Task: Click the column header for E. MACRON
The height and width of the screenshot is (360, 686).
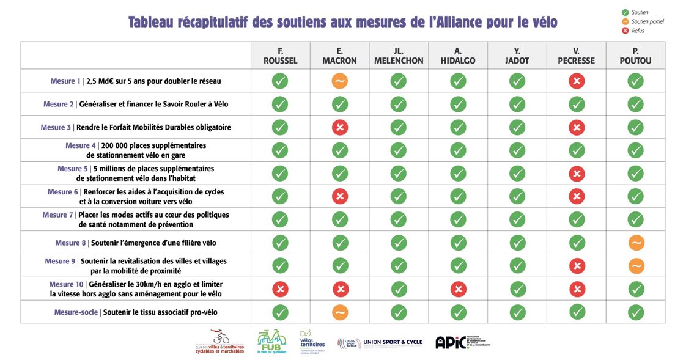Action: click(x=339, y=56)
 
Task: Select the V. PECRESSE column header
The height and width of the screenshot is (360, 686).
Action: click(x=576, y=56)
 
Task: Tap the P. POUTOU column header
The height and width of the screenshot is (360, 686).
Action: click(x=635, y=56)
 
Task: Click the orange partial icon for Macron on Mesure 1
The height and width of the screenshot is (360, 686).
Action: click(x=339, y=81)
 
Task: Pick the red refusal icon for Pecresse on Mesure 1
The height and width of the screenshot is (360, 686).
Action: click(x=576, y=81)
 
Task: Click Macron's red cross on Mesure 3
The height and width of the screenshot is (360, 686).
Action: click(x=339, y=127)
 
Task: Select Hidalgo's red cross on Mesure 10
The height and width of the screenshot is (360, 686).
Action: click(x=458, y=289)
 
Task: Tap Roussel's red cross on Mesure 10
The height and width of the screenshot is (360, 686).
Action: click(x=280, y=289)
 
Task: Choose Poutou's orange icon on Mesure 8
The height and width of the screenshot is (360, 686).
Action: click(x=636, y=243)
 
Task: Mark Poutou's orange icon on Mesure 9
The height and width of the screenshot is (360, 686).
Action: click(x=636, y=266)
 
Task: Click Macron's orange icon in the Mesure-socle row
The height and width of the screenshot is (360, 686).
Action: click(x=339, y=312)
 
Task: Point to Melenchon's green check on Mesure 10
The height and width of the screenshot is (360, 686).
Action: click(x=399, y=289)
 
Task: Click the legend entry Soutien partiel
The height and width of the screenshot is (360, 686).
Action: click(x=647, y=21)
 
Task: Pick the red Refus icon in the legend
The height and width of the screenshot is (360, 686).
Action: click(x=624, y=31)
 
